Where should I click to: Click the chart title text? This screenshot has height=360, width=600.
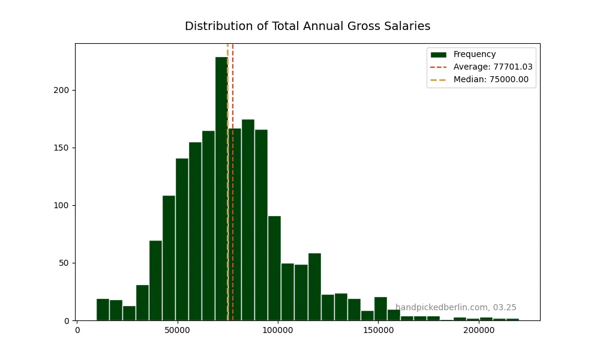point(307,26)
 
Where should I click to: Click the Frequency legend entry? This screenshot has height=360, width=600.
point(474,55)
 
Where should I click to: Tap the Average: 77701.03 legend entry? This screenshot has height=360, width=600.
point(493,67)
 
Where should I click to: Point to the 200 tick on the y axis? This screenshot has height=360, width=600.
point(64,90)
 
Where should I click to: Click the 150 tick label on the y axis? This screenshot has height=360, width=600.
point(64,148)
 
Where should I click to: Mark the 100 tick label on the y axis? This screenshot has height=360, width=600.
point(64,205)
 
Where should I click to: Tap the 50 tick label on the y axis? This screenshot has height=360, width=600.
point(67,263)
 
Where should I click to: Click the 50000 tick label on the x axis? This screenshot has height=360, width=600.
point(178,331)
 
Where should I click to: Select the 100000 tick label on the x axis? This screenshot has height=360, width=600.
point(278,331)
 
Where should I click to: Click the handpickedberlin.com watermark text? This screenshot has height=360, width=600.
point(455,307)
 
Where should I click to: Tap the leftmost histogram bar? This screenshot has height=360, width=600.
point(103,310)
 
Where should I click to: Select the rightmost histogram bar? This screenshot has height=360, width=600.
point(512,319)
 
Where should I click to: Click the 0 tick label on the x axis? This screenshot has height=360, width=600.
point(77,331)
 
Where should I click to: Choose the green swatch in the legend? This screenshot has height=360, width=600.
point(438,55)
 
